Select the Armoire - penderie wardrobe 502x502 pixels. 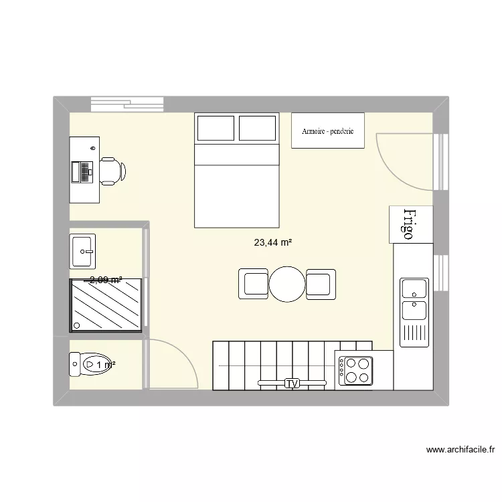[x=327, y=130]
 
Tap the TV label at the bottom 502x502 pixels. [x=291, y=384]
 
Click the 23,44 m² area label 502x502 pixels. [x=272, y=243]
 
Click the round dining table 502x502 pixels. [x=288, y=284]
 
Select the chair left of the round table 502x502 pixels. [x=254, y=284]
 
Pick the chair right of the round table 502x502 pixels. [x=321, y=284]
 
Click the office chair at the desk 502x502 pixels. [x=112, y=171]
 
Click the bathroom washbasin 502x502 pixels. [x=83, y=251]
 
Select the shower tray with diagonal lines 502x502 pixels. [x=106, y=305]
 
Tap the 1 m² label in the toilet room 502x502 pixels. [x=105, y=365]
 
